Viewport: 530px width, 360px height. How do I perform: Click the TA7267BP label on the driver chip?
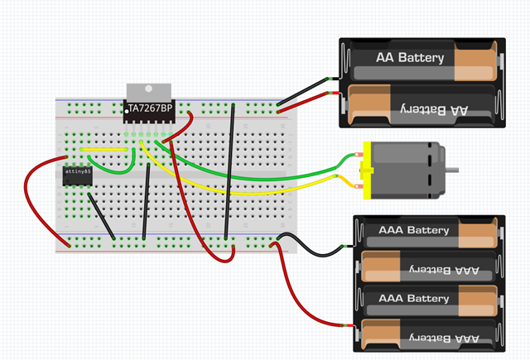tap(150, 108)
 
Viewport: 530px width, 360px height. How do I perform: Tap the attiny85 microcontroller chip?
tap(77, 175)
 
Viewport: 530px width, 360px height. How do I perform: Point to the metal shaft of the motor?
tap(452, 170)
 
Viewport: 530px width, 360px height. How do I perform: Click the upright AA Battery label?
tap(410, 59)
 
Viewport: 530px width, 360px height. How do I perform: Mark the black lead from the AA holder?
tap(306, 90)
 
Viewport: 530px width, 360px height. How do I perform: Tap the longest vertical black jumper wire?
tap(231, 174)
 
